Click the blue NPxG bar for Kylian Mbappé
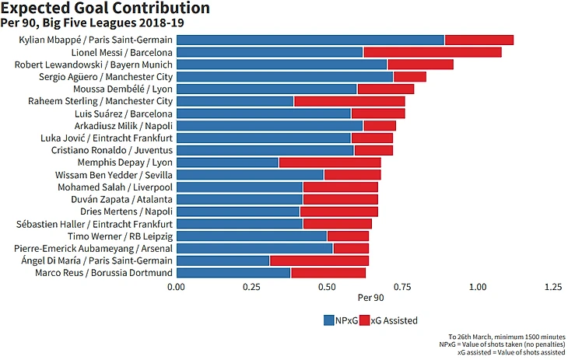click(x=310, y=40)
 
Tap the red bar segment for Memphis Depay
click(x=330, y=163)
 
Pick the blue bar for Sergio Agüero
click(x=285, y=76)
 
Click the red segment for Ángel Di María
click(x=319, y=260)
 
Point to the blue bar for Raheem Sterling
click(x=236, y=101)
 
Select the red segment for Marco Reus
click(x=328, y=273)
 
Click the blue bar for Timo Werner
click(x=252, y=236)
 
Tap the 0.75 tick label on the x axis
click(x=402, y=287)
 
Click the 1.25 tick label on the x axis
click(x=553, y=287)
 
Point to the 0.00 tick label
click(x=177, y=287)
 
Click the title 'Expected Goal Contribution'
click(x=105, y=9)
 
